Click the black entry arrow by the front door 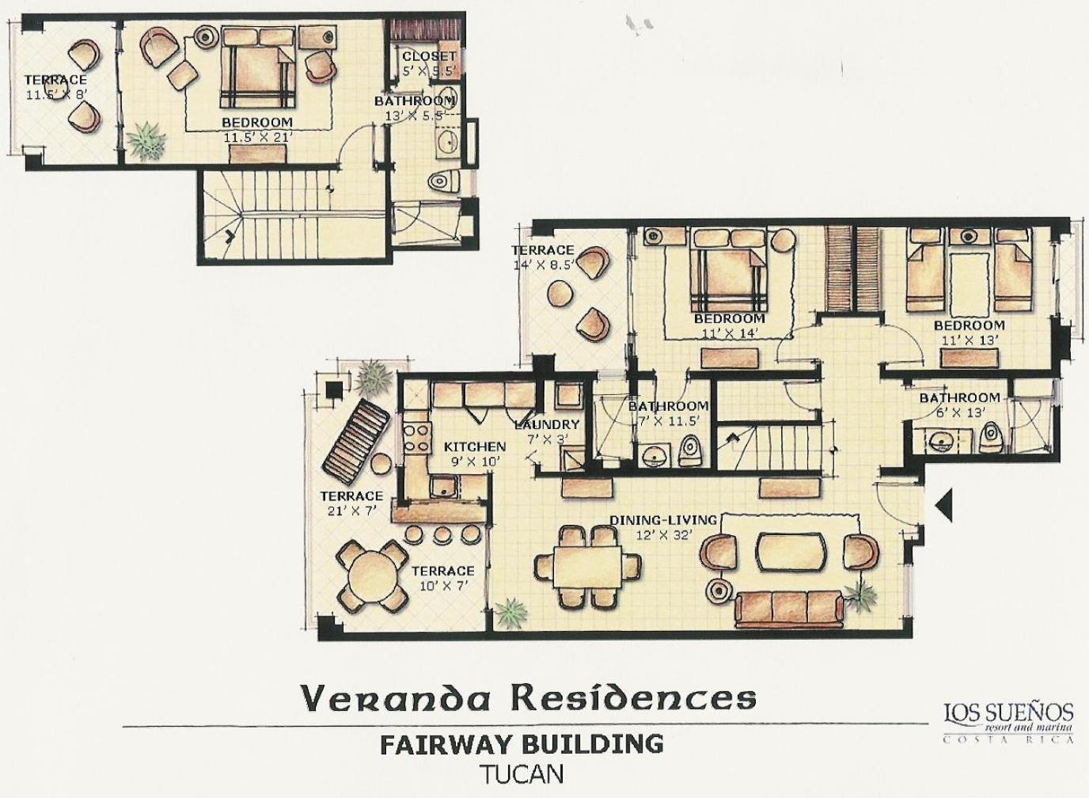[944, 506]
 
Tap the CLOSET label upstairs [429, 56]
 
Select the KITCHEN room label [475, 446]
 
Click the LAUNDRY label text [547, 424]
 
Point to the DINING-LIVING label [663, 520]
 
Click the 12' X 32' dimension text [663, 535]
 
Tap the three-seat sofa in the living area [790, 609]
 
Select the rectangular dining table [587, 567]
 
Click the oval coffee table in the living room [791, 551]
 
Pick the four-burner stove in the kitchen [417, 439]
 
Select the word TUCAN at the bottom [522, 775]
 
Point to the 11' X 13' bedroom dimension [969, 340]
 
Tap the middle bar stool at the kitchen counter [443, 534]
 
